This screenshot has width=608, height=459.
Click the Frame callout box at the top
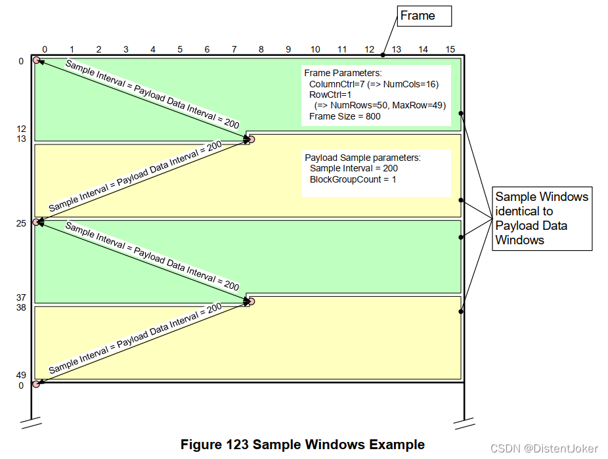(423, 16)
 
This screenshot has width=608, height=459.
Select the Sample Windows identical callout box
(542, 218)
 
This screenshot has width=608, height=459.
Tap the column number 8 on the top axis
(261, 49)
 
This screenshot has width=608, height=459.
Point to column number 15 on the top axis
(450, 49)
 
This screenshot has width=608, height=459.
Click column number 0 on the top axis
(45, 49)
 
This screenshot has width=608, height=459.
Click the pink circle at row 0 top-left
(37, 60)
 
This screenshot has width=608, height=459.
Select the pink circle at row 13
(251, 139)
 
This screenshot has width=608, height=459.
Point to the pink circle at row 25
(36, 222)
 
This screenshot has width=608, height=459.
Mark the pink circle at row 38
(251, 301)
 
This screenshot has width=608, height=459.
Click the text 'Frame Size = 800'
(345, 116)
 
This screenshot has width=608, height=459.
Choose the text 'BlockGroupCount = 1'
(353, 179)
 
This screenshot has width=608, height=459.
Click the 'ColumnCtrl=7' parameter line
(374, 85)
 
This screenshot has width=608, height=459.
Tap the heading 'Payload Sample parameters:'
(362, 158)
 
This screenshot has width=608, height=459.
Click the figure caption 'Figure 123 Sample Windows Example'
(303, 445)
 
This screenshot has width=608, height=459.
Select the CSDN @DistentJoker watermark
(554, 448)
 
